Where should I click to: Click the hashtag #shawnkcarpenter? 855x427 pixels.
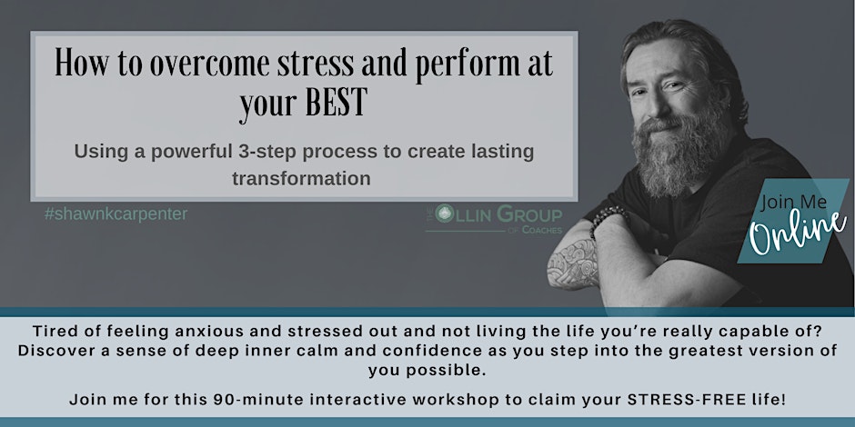pyautogui.click(x=116, y=214)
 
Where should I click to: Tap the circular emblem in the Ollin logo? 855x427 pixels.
pyautogui.click(x=446, y=213)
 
